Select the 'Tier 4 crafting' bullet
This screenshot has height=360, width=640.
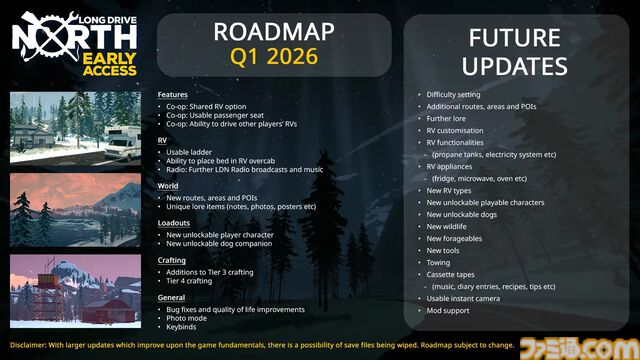click(x=197, y=282)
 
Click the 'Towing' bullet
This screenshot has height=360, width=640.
click(x=440, y=262)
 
